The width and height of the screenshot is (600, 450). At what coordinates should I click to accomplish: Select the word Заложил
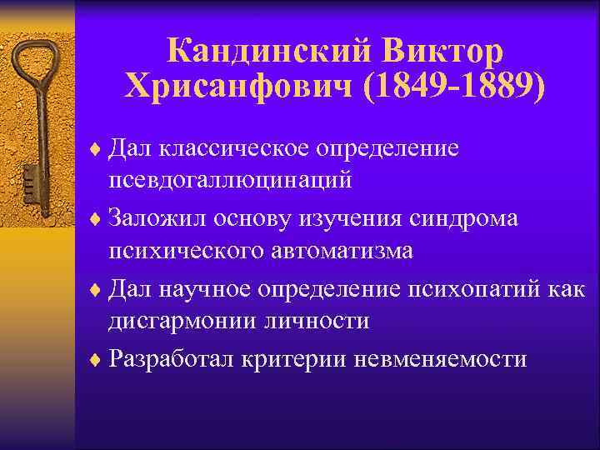tap(159, 218)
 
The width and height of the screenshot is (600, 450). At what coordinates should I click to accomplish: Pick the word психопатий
tap(474, 288)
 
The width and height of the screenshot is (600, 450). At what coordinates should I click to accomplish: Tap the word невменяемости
tap(441, 358)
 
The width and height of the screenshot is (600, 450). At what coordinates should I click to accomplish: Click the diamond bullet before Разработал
tap(97, 360)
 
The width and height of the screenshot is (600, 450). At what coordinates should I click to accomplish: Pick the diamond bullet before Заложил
tap(97, 220)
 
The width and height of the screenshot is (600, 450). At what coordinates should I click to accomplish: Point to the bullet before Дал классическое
tap(97, 150)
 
